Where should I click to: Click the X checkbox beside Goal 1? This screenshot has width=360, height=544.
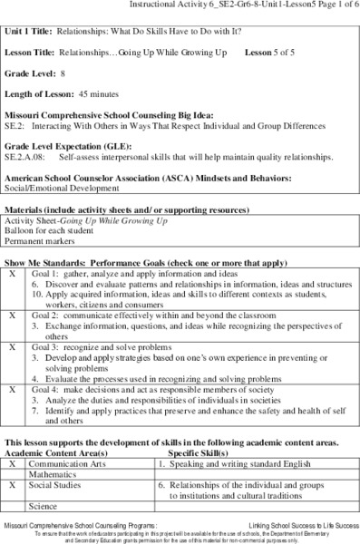[13, 272]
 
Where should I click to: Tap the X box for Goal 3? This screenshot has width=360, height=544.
[13, 346]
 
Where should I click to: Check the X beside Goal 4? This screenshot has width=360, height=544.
[13, 389]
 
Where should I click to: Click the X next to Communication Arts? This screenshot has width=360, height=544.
[13, 461]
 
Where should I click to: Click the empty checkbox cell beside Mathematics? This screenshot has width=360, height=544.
[13, 473]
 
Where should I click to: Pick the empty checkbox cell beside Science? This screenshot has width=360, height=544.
[13, 506]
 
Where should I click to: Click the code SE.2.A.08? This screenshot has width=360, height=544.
[24, 155]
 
